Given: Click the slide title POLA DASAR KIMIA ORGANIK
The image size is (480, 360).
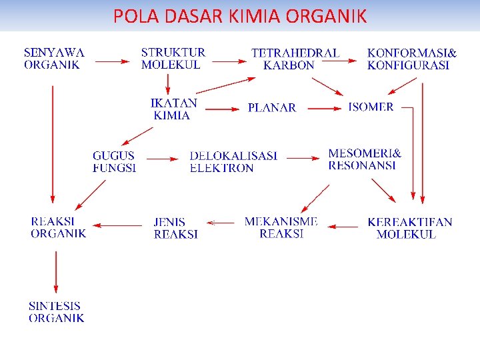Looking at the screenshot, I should click(240, 16).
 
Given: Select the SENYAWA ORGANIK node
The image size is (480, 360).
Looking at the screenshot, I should click(55, 59).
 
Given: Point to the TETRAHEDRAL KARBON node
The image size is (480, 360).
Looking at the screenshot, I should click(295, 59).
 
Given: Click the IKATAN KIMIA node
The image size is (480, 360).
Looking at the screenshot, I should click(173, 109).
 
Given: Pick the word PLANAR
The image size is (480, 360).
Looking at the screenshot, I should click(271, 108).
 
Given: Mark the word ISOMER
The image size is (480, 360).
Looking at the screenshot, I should click(371, 107).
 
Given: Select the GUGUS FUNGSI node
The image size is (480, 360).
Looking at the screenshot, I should click(114, 162).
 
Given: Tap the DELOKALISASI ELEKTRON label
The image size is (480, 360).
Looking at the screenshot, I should click(233, 162).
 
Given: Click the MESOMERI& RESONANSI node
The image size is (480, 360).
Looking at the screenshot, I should click(365, 159).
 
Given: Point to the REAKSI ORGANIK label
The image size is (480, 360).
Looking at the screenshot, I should click(58, 227).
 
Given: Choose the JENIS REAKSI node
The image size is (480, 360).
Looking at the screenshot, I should click(175, 227).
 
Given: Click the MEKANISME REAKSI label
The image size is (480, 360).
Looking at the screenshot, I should click(281, 227).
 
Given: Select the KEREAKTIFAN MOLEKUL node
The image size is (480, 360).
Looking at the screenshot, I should click(409, 228).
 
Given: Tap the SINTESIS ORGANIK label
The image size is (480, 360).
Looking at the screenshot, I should click(56, 312).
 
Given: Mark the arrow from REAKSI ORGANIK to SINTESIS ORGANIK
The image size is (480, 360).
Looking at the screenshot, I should click(56, 270).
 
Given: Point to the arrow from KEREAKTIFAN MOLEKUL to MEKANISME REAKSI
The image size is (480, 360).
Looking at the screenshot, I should click(343, 227).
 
